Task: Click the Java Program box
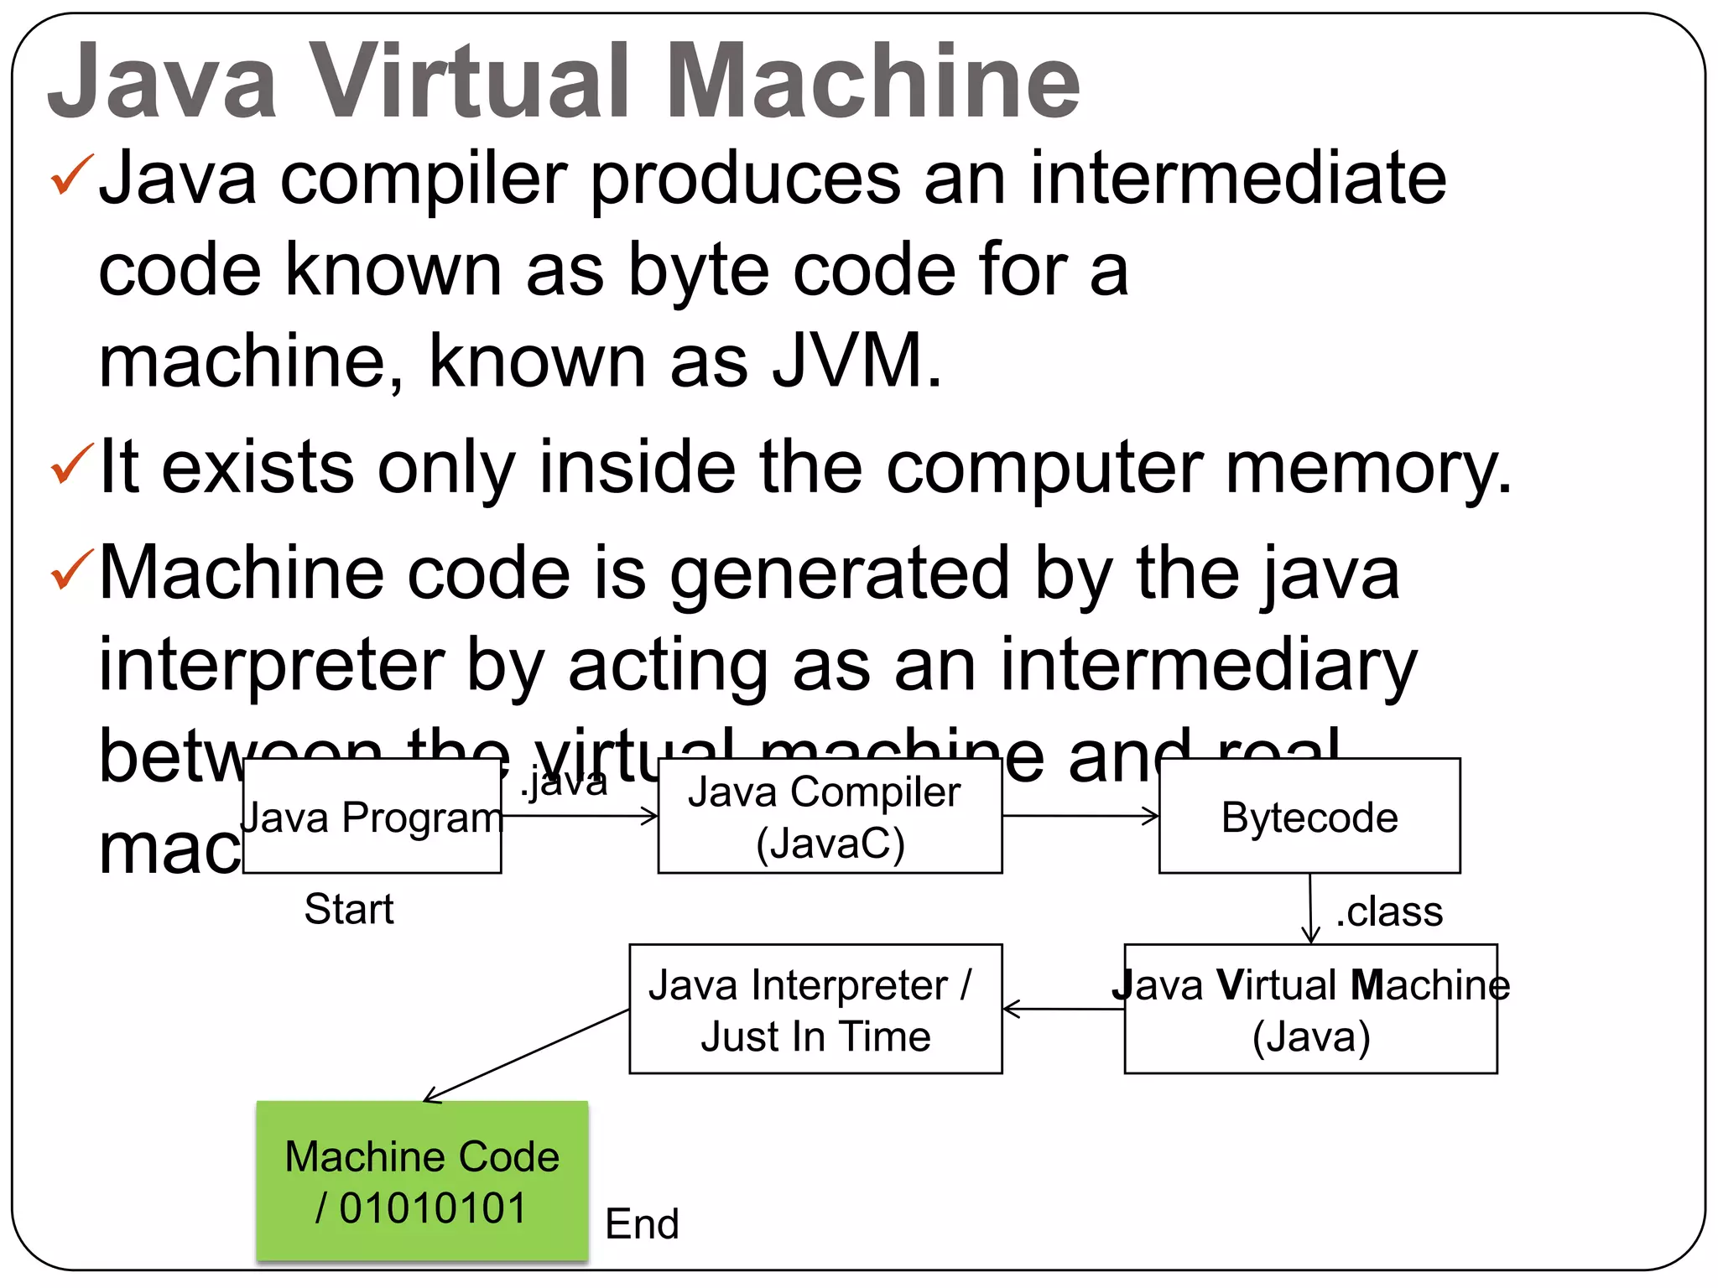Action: coord(372,817)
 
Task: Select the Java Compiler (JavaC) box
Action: coord(829,817)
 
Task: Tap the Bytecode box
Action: coord(1309,817)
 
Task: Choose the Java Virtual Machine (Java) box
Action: coord(1310,1010)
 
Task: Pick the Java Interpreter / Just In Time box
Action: coord(815,1010)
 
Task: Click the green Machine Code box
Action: coord(422,1181)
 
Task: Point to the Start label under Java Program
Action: coord(349,909)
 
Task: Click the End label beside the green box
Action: coord(642,1223)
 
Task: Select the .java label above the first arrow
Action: coord(564,782)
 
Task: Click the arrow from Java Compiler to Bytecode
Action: coord(1080,816)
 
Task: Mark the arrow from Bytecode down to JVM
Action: coord(1310,909)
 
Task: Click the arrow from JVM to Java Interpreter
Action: coord(1063,1009)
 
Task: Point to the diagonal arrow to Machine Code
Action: coord(527,1056)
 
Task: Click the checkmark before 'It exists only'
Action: coord(71,464)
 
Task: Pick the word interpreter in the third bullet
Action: coord(272,665)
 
